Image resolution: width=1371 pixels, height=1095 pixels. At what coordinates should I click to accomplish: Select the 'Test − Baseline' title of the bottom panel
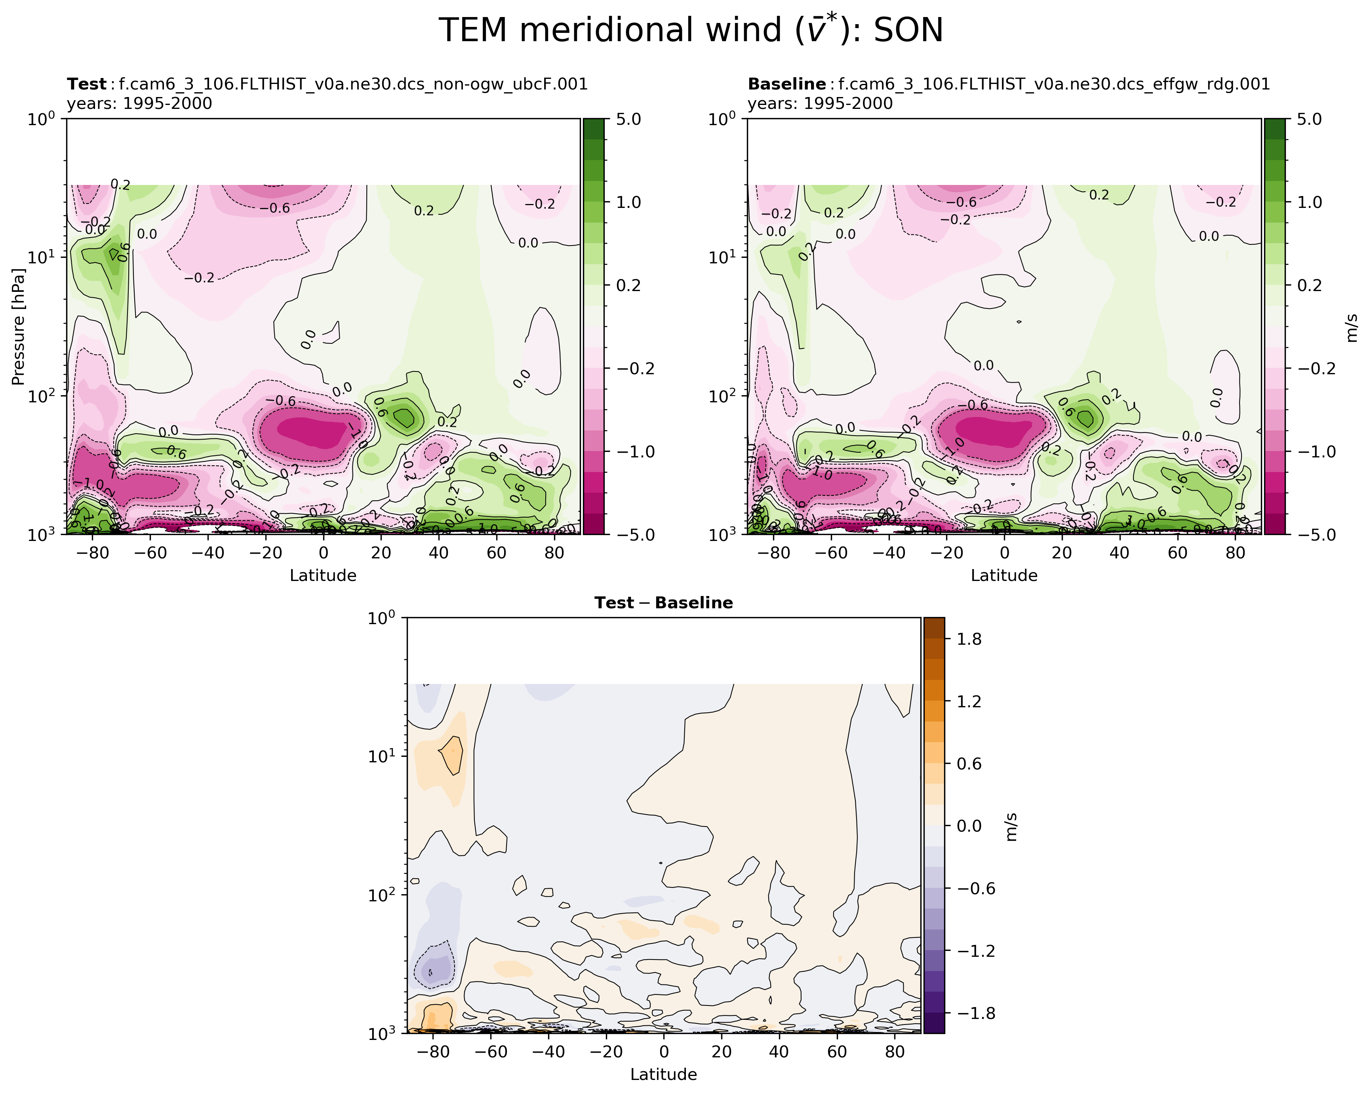(x=663, y=603)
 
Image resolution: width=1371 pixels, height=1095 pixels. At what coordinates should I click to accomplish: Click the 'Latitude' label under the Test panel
(x=323, y=575)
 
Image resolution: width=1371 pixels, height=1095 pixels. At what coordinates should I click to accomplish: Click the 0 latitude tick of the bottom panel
(x=664, y=1052)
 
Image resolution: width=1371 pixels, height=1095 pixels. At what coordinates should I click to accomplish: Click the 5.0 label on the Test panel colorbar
(x=628, y=120)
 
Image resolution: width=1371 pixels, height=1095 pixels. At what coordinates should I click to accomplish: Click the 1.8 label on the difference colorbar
(x=969, y=639)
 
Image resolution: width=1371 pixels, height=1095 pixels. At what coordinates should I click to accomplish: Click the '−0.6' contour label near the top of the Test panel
(x=275, y=208)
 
